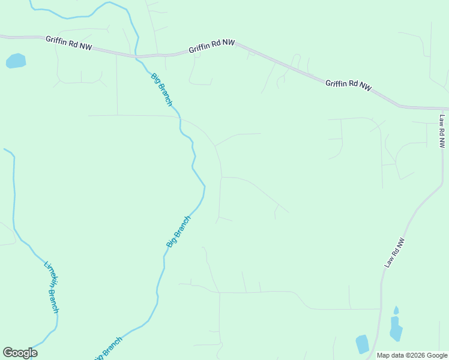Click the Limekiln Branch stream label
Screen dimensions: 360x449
pos(52,287)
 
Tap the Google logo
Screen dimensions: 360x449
pos(20,353)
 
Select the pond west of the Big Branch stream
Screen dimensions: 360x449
pos(16,61)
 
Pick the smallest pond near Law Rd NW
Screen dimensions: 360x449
pos(396,310)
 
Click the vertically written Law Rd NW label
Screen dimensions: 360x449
pos(442,131)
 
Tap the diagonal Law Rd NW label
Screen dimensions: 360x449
pos(394,253)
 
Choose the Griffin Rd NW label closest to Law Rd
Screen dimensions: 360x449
pos(349,85)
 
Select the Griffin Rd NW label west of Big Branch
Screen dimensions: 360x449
pos(68,43)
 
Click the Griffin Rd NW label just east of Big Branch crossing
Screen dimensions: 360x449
pos(211,46)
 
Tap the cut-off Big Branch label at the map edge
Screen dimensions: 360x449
pos(109,349)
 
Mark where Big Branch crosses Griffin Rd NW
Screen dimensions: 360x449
pos(137,56)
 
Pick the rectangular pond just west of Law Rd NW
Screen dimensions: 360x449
pos(362,344)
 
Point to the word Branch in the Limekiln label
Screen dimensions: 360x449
pos(55,299)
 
